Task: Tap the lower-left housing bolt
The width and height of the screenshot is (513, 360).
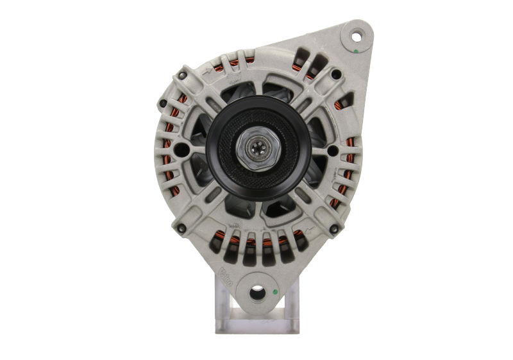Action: [x=181, y=225]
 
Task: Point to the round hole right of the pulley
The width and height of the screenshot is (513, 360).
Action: [x=332, y=150]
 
